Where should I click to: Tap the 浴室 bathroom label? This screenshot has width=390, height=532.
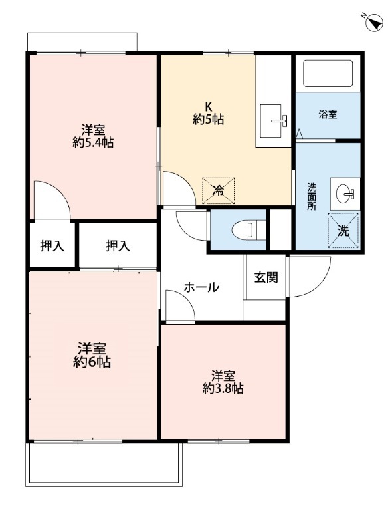click(328, 114)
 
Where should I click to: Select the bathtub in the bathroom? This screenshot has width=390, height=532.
click(327, 74)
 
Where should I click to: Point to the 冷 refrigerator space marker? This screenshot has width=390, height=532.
click(219, 190)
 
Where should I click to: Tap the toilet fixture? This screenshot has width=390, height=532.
click(243, 229)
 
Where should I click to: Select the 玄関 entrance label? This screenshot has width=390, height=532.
click(266, 277)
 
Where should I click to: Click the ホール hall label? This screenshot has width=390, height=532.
click(201, 287)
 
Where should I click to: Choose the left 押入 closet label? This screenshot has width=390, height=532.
click(52, 246)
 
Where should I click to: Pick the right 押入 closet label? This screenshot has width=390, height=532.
click(118, 246)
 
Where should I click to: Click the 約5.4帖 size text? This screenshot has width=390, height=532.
click(92, 142)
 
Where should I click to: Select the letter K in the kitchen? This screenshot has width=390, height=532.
click(207, 106)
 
